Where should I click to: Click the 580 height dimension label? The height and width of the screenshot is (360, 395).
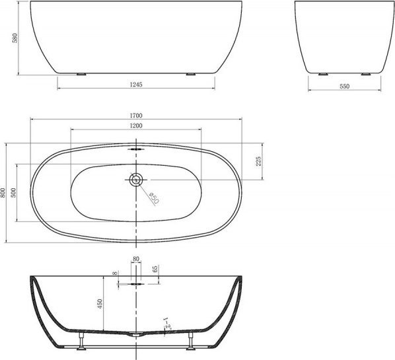[15, 38]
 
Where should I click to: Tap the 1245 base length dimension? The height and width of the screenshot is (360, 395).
[136, 85]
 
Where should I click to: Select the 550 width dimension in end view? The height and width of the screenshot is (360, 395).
[344, 86]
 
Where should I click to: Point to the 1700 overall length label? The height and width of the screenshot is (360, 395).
[136, 116]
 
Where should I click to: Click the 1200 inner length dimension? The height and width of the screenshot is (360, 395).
[136, 126]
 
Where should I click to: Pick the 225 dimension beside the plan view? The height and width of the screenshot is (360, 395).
[258, 161]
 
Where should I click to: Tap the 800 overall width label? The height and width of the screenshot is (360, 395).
[3, 193]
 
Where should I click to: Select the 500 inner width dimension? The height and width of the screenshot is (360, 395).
[13, 193]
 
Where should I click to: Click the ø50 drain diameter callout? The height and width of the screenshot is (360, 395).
[154, 198]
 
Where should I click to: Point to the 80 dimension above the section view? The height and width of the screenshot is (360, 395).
[136, 259]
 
